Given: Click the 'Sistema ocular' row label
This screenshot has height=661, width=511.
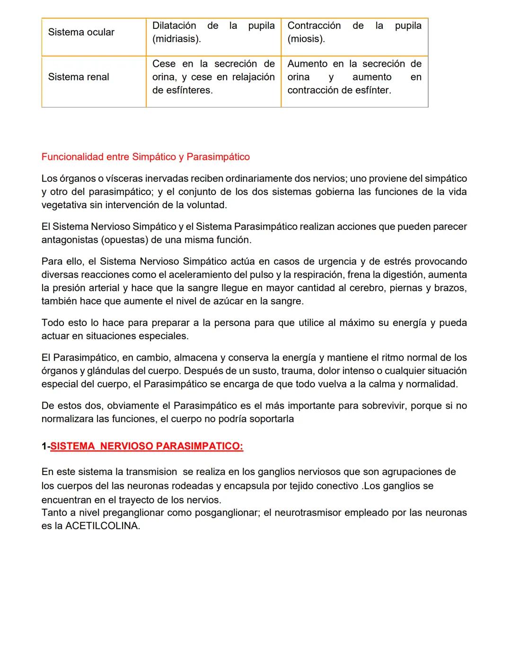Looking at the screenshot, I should tap(81, 32).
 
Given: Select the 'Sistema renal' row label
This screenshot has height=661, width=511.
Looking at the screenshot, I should tap(79, 77).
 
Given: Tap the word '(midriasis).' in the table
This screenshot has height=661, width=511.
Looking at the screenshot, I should tap(176, 39).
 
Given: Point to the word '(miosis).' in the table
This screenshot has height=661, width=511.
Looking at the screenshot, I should tap(306, 39).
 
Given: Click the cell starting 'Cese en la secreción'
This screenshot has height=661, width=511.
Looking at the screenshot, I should tap(213, 77).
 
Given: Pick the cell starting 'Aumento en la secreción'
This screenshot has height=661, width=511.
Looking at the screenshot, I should tap(354, 77).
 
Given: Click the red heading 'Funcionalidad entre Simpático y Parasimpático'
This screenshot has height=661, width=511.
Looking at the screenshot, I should tap(145, 157).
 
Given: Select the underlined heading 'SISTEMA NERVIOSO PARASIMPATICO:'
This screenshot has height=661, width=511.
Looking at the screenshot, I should tap(147, 446).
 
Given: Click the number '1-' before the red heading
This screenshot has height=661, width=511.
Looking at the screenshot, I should tap(45, 446).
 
